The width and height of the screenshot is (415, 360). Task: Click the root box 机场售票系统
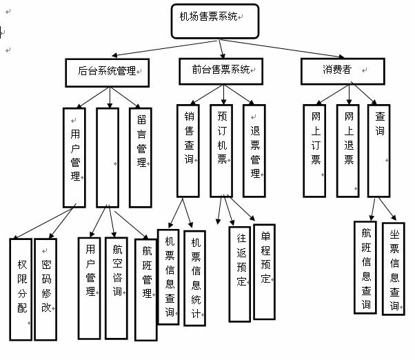(x=214, y=19)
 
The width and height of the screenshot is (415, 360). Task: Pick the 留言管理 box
(x=140, y=157)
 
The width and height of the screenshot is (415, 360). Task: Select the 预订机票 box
(x=222, y=150)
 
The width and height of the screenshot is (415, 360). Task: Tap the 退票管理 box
(x=254, y=150)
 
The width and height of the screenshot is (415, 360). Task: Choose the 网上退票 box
(x=348, y=150)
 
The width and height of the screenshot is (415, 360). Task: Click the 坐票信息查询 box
(x=394, y=268)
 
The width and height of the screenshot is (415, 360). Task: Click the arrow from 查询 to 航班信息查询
(x=372, y=209)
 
